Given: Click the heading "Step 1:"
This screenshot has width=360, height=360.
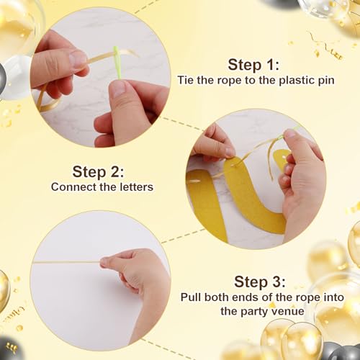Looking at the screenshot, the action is [253, 65].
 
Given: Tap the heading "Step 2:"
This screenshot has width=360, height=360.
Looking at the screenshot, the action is [98, 172].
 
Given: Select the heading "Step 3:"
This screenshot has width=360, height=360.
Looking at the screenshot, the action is [260, 282].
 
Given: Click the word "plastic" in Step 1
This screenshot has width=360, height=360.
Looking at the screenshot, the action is [297, 80].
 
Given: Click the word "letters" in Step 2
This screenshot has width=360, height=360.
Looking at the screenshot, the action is [137, 187].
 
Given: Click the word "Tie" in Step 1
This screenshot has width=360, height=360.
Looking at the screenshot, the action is [186, 80].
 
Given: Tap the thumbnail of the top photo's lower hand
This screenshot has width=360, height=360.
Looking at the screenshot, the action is [117, 88].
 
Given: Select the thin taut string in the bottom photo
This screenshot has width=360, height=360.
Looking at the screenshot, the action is [66, 262].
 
